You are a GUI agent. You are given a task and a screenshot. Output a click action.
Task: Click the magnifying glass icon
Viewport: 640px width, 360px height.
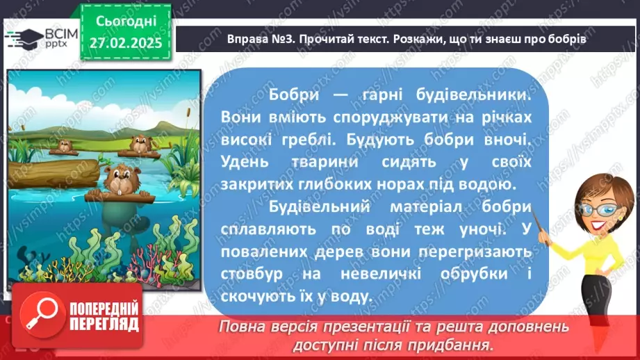click(x=41, y=316)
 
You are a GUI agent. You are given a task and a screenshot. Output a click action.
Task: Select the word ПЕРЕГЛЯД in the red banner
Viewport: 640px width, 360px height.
click(x=104, y=325)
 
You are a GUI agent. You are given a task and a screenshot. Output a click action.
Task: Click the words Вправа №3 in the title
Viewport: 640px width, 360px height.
click(x=259, y=40)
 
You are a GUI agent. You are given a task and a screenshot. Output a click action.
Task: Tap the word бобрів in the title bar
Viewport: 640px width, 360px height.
click(x=564, y=40)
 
